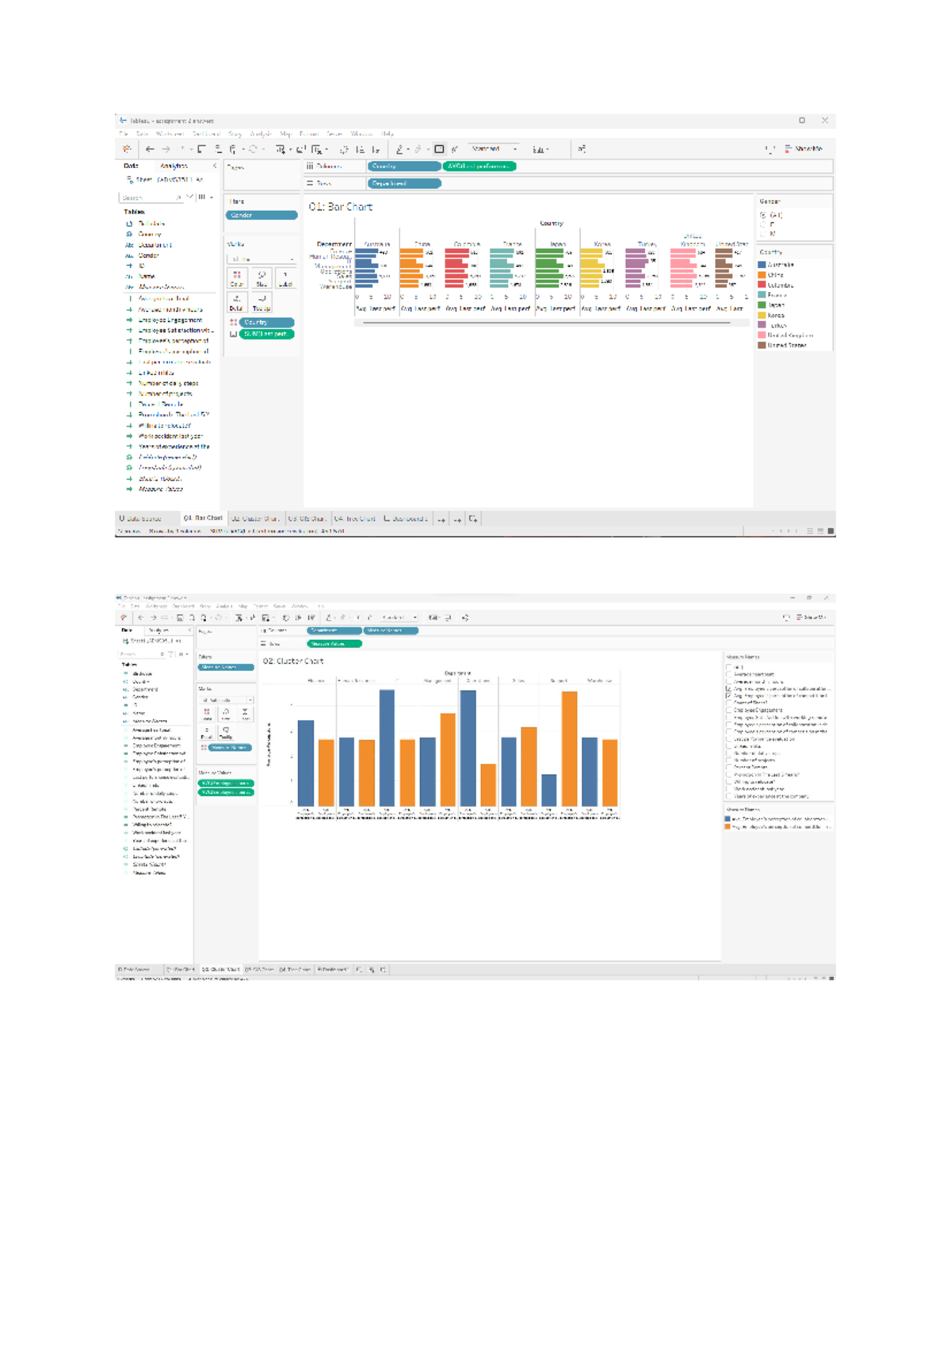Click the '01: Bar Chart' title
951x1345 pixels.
click(341, 207)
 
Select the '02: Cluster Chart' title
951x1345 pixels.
click(293, 661)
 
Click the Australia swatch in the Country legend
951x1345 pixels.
click(762, 265)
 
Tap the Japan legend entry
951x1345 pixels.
click(775, 305)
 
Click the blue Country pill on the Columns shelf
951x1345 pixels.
click(403, 167)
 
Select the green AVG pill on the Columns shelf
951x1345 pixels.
click(479, 167)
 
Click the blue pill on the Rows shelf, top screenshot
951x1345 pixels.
click(403, 183)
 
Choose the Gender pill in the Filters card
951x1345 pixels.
click(261, 215)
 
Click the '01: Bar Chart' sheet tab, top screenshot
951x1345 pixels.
click(203, 519)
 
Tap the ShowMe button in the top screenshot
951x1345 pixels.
click(804, 149)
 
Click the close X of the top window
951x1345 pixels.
click(825, 121)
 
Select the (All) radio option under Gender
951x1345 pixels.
click(764, 215)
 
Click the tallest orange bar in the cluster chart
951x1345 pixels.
click(569, 749)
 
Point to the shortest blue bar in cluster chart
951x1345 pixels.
click(549, 790)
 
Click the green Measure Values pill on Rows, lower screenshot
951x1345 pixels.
click(334, 644)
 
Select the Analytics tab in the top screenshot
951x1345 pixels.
click(174, 167)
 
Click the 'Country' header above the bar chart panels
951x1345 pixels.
click(552, 224)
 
